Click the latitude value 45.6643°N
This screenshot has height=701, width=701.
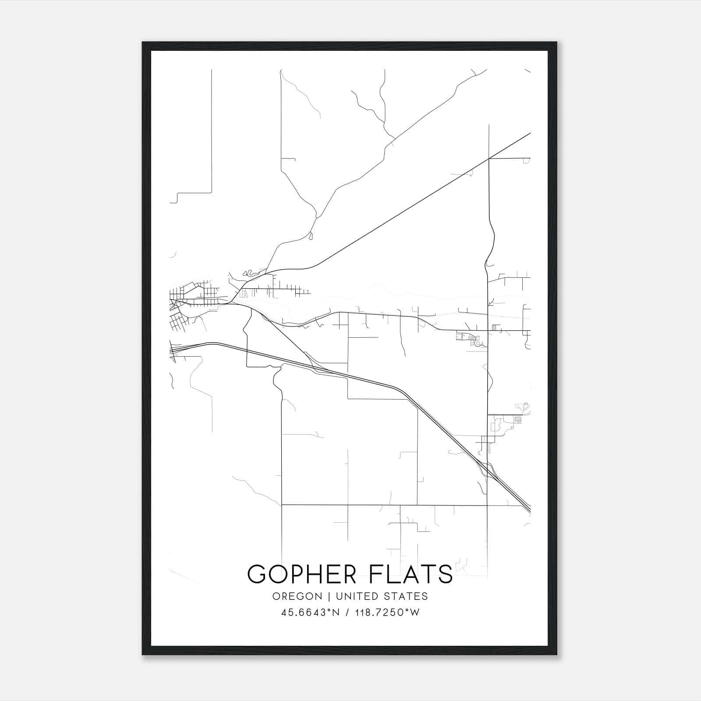coord(311,612)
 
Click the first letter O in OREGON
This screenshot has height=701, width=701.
coord(276,596)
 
